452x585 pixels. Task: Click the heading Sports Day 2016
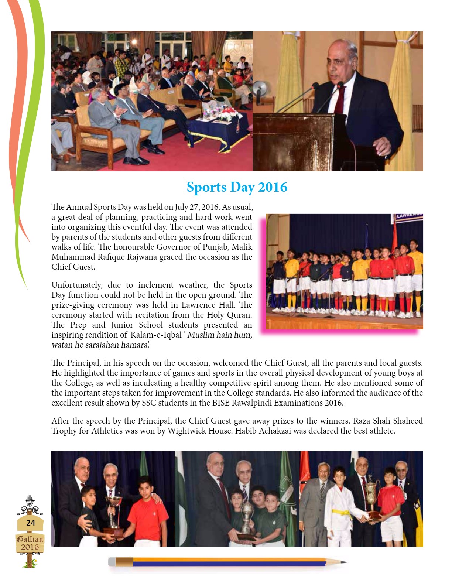point(237,187)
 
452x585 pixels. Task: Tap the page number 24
point(30,523)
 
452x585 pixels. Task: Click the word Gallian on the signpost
point(30,539)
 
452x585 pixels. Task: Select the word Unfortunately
point(76,285)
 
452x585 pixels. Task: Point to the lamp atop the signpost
point(30,502)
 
